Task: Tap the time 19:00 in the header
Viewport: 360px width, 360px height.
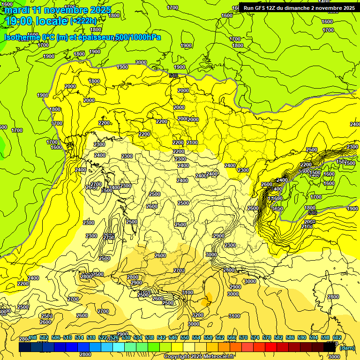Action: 17,21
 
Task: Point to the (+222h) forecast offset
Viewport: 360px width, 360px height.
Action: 83,21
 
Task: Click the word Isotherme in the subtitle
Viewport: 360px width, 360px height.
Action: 21,37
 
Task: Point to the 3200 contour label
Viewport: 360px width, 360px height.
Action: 198,315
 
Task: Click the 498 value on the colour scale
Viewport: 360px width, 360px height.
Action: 32,338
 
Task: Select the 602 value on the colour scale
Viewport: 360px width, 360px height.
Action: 337,338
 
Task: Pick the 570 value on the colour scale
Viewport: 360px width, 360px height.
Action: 243,338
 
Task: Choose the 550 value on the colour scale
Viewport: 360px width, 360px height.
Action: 185,338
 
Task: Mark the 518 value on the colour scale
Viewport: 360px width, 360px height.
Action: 91,338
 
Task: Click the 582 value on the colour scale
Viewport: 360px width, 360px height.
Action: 278,338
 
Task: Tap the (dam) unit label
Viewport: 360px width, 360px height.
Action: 347,348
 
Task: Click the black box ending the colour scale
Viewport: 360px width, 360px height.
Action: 330,347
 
